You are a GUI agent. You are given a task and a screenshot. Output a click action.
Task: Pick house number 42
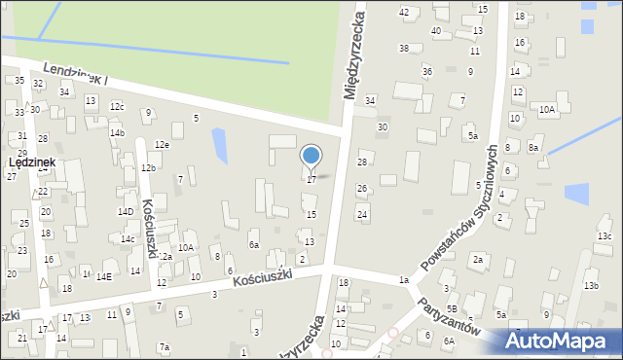point(404,12)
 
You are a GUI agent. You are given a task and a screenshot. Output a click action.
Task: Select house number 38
point(403,48)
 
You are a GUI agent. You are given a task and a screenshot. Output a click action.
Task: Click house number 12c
point(117,107)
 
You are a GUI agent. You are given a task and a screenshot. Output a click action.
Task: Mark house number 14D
point(126,211)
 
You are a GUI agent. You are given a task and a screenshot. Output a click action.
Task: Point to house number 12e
point(162,145)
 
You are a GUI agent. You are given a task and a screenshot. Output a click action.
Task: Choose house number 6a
point(253,245)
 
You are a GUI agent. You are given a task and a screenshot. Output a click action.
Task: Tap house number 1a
point(403,280)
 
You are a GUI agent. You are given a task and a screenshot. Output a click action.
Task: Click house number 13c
point(605,236)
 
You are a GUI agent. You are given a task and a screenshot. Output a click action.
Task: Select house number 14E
point(103,276)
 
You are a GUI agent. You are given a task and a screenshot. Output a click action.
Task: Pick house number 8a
point(533,148)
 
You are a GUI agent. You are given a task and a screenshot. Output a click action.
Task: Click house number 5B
point(452,308)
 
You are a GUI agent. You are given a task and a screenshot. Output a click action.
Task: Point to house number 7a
point(165,347)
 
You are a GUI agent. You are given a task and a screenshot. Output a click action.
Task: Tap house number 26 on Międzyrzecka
point(361,189)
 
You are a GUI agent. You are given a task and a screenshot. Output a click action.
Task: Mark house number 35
point(19,80)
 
